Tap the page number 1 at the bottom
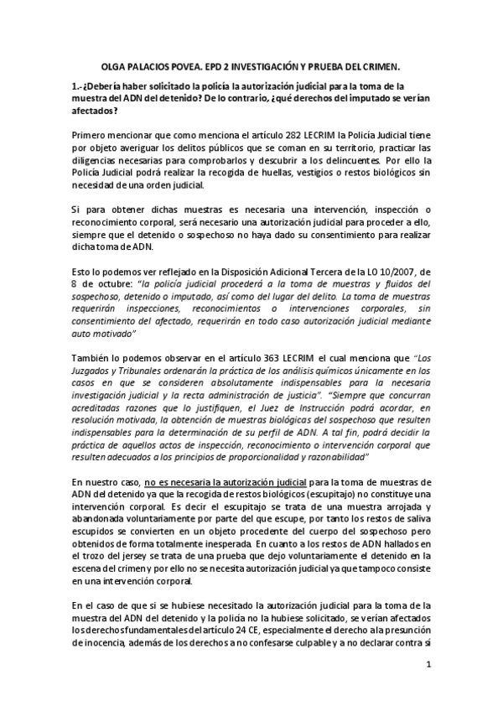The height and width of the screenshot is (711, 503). click(428, 667)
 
